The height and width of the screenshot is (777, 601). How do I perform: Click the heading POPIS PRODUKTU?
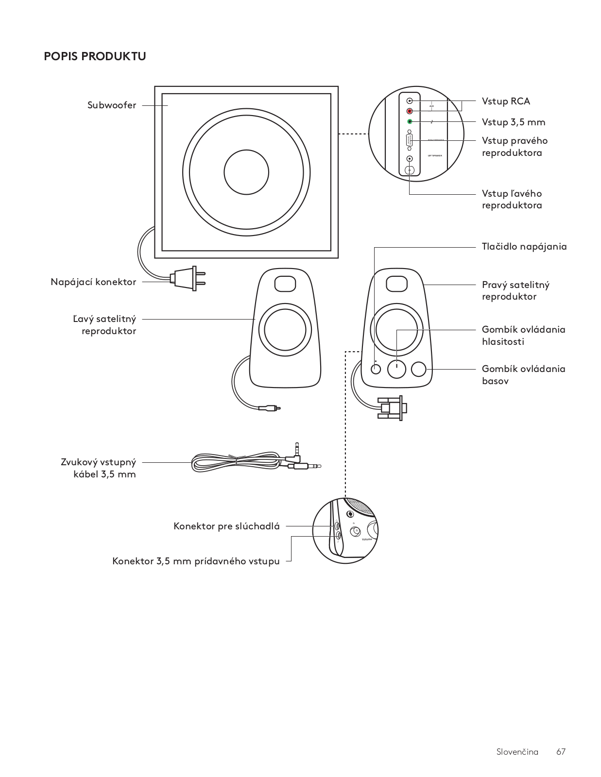95,56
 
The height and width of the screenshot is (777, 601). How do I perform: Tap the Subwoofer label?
112,105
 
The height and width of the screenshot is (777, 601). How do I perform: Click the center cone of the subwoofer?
246,172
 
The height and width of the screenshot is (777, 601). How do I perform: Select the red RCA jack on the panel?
410,111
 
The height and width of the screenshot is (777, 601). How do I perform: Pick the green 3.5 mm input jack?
410,121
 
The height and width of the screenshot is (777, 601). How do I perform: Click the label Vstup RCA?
506,101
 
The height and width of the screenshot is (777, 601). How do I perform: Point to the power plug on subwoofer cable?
187,278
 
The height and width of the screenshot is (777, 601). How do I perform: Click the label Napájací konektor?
93,282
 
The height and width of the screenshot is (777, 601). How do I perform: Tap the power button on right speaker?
376,369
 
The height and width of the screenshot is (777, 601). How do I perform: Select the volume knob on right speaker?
397,369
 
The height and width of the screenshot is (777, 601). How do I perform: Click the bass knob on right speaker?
418,369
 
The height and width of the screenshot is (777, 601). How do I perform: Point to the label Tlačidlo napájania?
524,247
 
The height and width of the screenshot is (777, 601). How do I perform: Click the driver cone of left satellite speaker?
282,330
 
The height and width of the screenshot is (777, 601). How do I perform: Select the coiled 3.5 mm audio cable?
238,463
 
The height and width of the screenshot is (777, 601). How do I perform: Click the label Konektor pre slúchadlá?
226,526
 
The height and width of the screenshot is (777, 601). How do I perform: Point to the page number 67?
561,752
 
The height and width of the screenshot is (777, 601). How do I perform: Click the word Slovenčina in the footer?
517,752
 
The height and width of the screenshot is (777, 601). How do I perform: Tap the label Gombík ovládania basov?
523,375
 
